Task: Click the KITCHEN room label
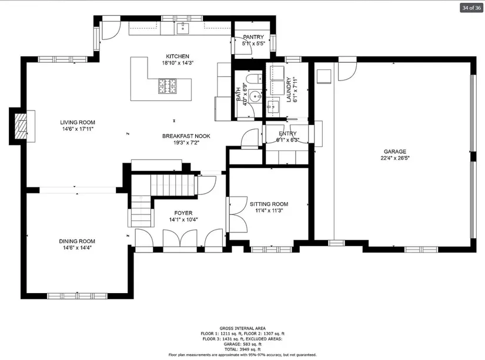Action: pos(178,56)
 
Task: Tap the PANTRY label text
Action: pos(253,37)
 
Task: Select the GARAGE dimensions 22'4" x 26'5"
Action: pos(395,158)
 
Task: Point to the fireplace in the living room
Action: pos(22,126)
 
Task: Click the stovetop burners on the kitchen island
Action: pos(168,86)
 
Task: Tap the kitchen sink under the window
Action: pos(183,28)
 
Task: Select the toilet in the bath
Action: pos(255,79)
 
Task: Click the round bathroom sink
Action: pos(256,96)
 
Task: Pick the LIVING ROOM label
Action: pos(78,122)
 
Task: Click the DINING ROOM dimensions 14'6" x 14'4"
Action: pos(77,248)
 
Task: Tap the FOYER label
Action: pos(183,213)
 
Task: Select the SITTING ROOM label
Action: pos(269,204)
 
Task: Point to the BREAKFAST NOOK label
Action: pos(186,136)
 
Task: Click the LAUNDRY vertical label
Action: pos(289,90)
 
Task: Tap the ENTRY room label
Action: pos(287,133)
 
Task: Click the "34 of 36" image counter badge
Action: pos(471,8)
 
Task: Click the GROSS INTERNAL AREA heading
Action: pos(242,328)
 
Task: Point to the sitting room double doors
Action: pos(238,214)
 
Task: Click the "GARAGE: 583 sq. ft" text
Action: pos(242,344)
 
